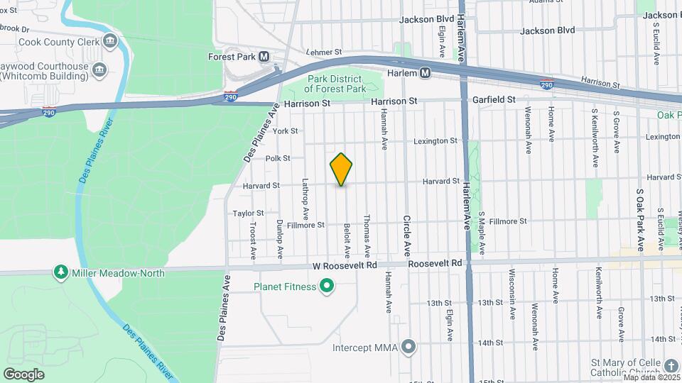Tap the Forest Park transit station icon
264,56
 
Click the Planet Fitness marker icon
327,287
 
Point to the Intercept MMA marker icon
408,348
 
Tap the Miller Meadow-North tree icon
62,272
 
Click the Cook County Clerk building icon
110,40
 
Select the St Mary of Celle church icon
671,365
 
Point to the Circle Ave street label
407,235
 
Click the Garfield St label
494,101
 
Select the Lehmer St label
324,52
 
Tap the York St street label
284,131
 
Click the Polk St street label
277,158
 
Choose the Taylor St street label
248,213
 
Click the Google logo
23,374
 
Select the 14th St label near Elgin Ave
490,343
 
